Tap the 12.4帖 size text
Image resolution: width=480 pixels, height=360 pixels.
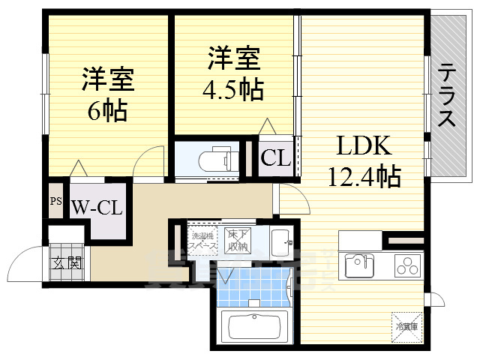pyautogui.click(x=364, y=177)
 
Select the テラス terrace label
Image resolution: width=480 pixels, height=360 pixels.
pyautogui.click(x=447, y=96)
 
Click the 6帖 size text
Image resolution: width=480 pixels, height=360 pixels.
pyautogui.click(x=106, y=112)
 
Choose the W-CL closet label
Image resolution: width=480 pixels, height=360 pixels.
pyautogui.click(x=97, y=208)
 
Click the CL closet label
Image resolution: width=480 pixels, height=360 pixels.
pyautogui.click(x=275, y=158)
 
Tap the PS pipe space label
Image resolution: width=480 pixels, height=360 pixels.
pyautogui.click(x=56, y=201)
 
